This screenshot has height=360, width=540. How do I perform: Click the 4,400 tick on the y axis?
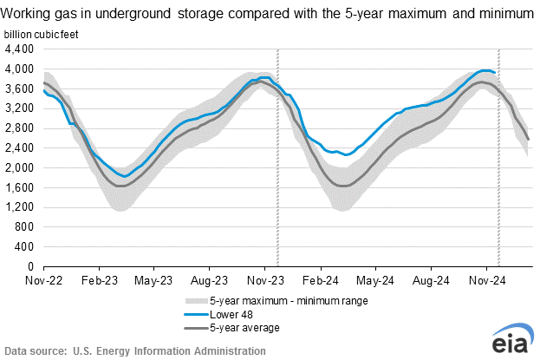20,49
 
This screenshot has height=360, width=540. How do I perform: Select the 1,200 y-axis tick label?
20,207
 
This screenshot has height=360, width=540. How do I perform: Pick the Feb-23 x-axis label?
100,281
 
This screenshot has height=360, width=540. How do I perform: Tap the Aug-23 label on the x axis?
209,281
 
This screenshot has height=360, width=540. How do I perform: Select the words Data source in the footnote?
35,351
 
